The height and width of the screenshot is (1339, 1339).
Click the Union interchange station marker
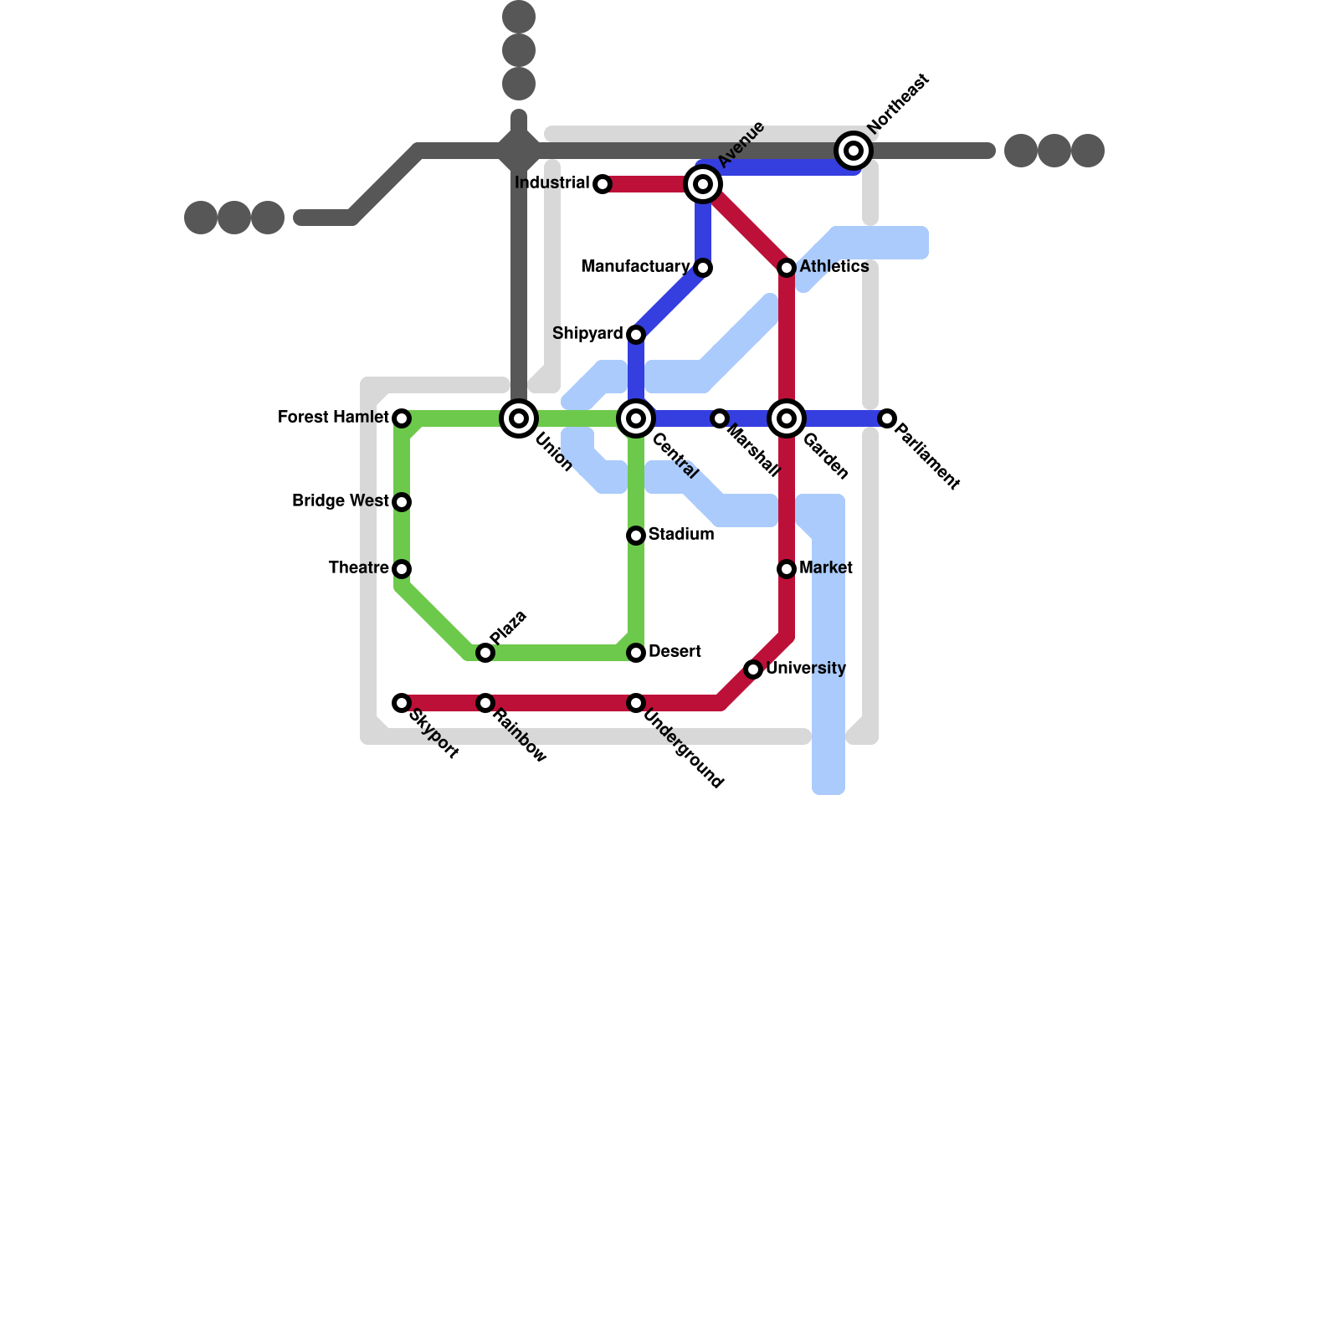click(519, 418)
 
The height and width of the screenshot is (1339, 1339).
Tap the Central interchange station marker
click(636, 418)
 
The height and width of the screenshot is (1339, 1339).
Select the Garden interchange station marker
click(787, 418)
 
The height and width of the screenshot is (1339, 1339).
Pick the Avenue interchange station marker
click(703, 184)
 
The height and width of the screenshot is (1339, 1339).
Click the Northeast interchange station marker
click(854, 151)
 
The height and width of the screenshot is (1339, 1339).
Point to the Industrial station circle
click(603, 184)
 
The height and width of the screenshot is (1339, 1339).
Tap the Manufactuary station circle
click(703, 268)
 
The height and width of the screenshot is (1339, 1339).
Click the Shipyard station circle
click(636, 335)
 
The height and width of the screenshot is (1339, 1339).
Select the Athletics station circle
click(787, 268)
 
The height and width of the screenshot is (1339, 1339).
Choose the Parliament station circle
click(887, 418)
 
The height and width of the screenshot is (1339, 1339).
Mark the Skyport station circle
click(402, 703)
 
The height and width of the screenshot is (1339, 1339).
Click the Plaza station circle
click(485, 653)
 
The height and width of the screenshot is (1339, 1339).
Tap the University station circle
click(753, 669)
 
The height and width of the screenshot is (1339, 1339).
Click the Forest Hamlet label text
click(333, 417)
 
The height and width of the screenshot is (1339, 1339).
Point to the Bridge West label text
click(340, 500)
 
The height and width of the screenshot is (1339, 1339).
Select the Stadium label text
click(681, 534)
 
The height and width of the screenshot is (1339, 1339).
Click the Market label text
click(826, 567)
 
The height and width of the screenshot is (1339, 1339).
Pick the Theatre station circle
click(402, 569)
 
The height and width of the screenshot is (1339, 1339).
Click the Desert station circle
click(636, 653)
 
